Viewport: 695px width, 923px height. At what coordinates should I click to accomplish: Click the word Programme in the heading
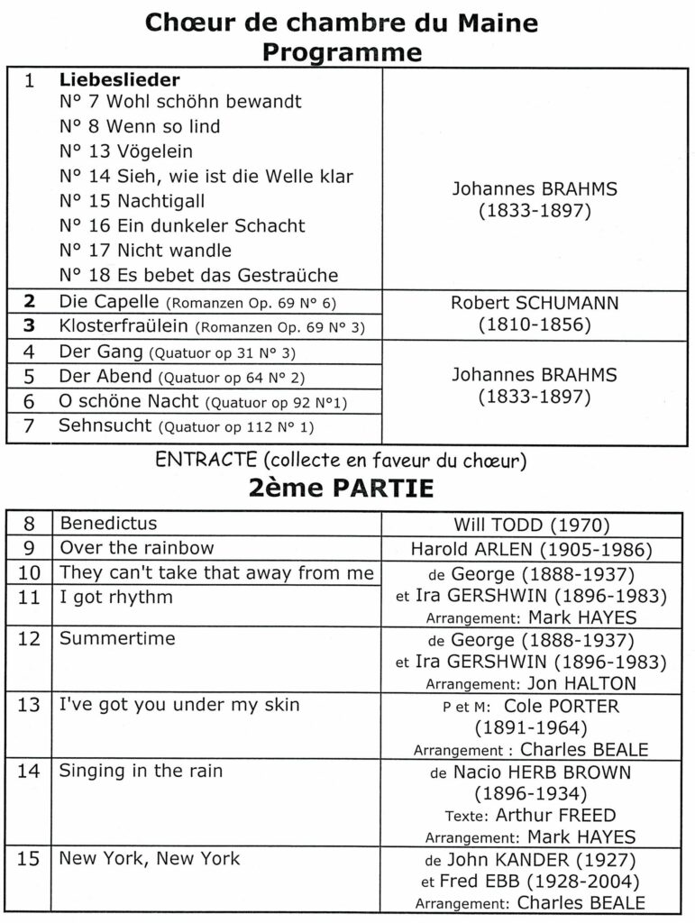tap(342, 52)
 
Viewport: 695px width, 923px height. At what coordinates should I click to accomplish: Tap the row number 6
tap(30, 401)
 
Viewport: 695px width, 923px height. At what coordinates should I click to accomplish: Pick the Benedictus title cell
tap(108, 524)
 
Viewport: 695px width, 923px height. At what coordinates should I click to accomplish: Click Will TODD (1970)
tap(532, 524)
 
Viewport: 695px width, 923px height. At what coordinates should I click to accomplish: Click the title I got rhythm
tap(115, 596)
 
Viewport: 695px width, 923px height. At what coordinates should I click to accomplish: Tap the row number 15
tap(30, 859)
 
